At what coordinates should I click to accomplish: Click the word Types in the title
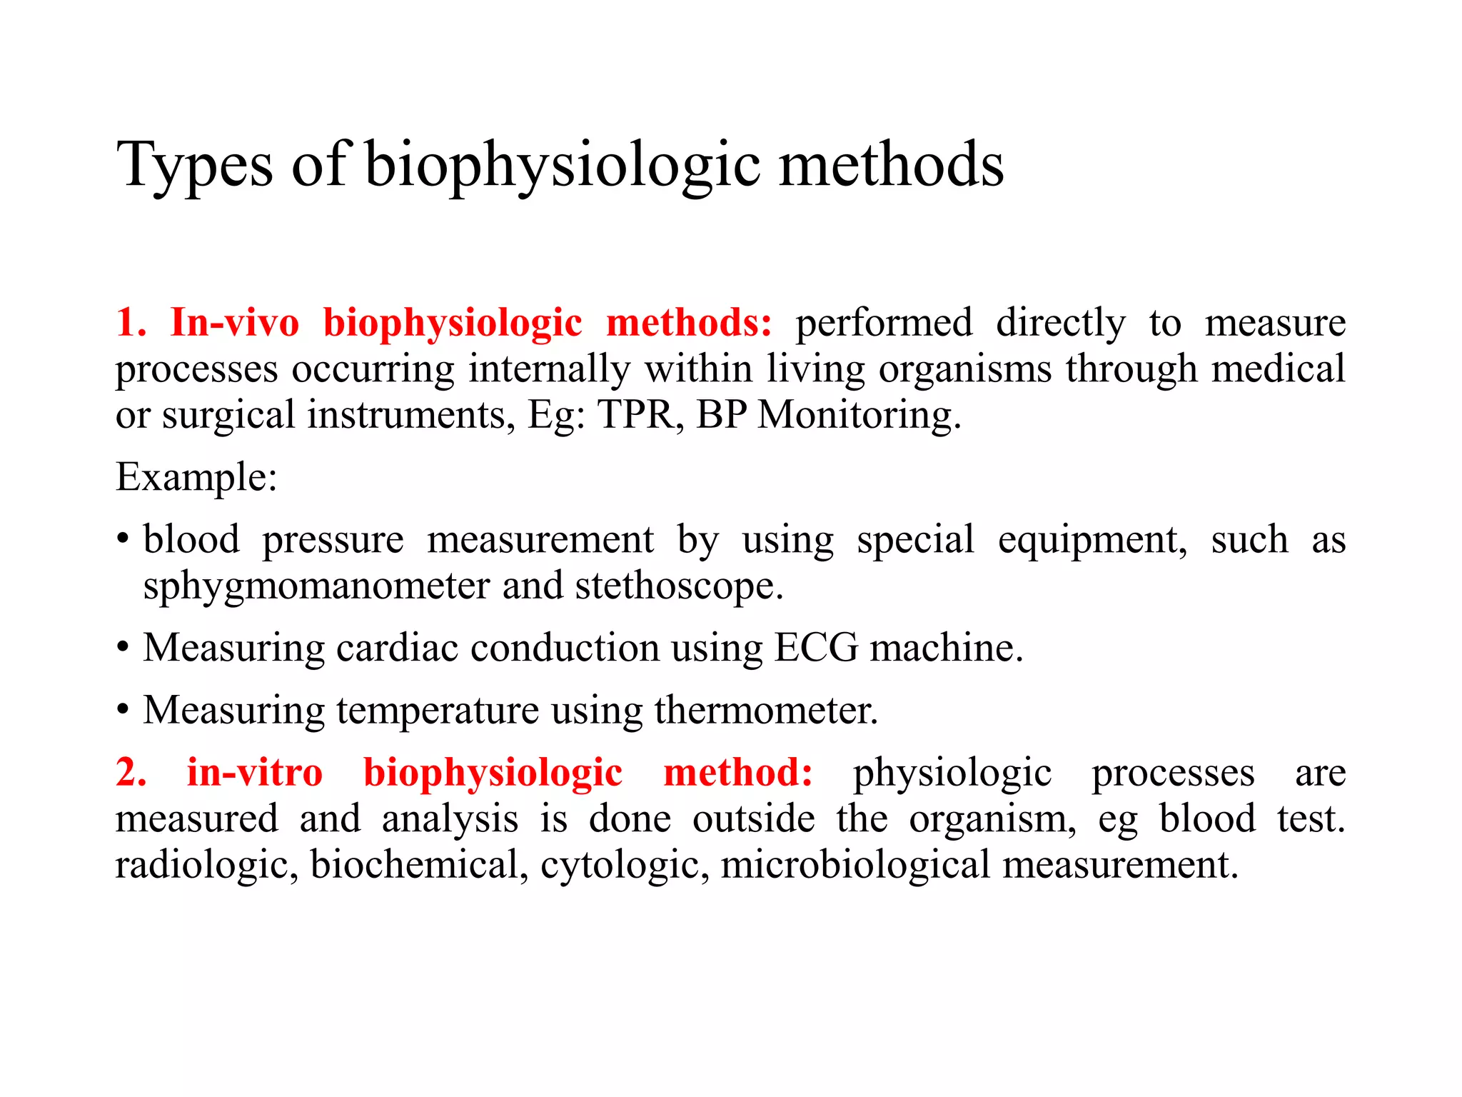pos(194,166)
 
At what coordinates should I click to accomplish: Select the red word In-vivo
pos(235,323)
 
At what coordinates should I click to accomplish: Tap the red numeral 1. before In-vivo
pos(131,323)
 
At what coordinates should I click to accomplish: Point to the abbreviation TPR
pos(635,415)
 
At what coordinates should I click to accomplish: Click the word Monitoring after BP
pos(859,415)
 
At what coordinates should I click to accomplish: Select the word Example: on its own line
pos(196,478)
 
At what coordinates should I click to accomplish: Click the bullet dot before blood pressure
pos(123,540)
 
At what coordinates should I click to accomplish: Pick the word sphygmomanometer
pos(316,586)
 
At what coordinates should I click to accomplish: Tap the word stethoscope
pos(679,586)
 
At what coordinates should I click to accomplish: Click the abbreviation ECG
pos(816,648)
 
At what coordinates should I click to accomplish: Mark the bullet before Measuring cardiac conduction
pos(123,648)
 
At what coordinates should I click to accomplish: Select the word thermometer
pos(765,711)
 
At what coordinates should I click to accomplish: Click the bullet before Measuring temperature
pos(123,711)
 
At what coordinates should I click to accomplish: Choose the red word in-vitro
pos(254,773)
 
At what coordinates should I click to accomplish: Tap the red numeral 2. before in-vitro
pos(131,773)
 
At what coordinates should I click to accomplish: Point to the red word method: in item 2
pos(737,773)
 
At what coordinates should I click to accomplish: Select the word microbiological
pos(854,865)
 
